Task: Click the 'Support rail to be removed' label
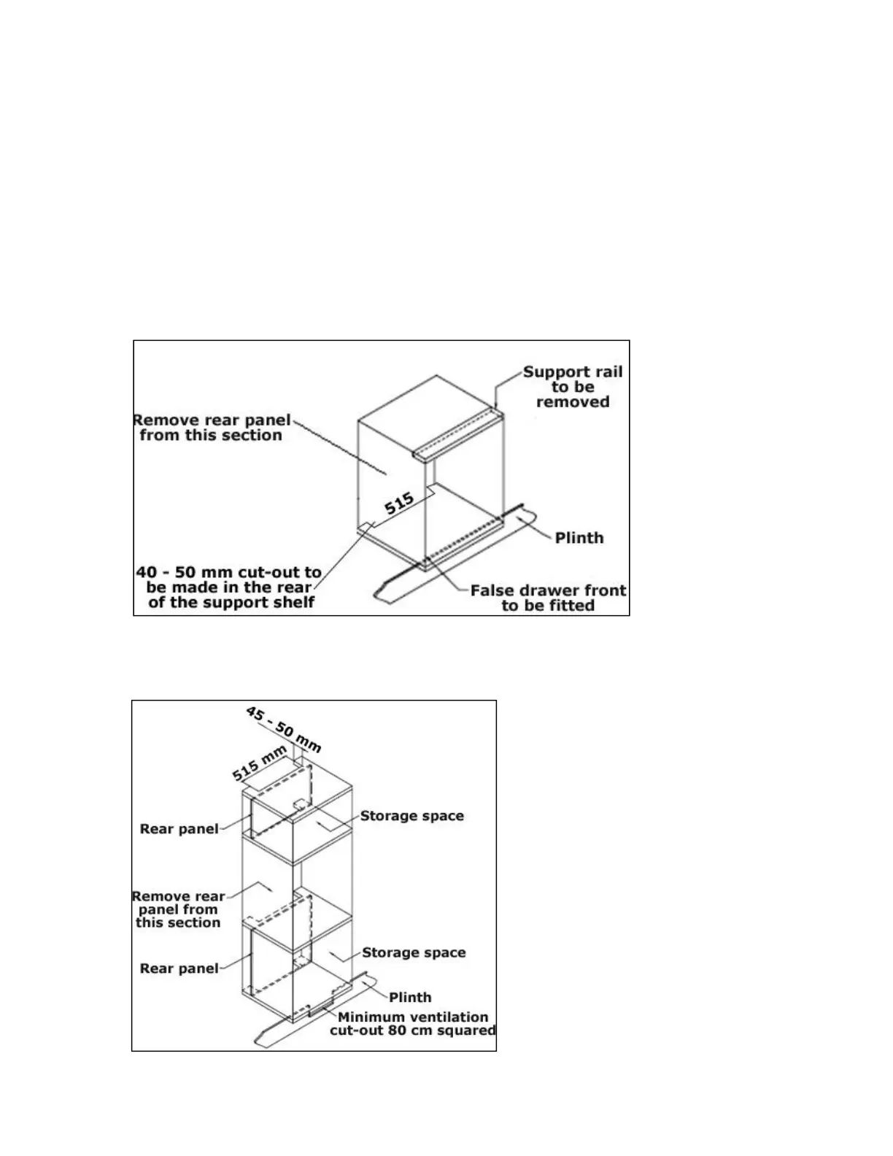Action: (573, 387)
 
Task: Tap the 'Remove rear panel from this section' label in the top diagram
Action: (212, 428)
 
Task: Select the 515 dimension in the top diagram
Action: (399, 503)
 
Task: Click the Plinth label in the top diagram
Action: (579, 538)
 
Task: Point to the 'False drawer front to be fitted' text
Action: (548, 598)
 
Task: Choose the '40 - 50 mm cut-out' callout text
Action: (229, 587)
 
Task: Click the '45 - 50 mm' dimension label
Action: (283, 729)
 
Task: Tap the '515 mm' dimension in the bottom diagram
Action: (260, 763)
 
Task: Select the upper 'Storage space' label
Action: (412, 816)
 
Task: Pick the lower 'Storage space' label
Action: (414, 952)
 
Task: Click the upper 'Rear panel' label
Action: (179, 829)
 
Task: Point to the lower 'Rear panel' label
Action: (179, 968)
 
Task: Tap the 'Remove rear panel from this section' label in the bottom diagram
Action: (178, 909)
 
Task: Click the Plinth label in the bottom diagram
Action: (410, 997)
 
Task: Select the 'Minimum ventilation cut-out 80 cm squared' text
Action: (413, 1023)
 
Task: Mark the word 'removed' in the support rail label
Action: (573, 402)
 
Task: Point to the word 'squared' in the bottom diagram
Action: (465, 1030)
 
